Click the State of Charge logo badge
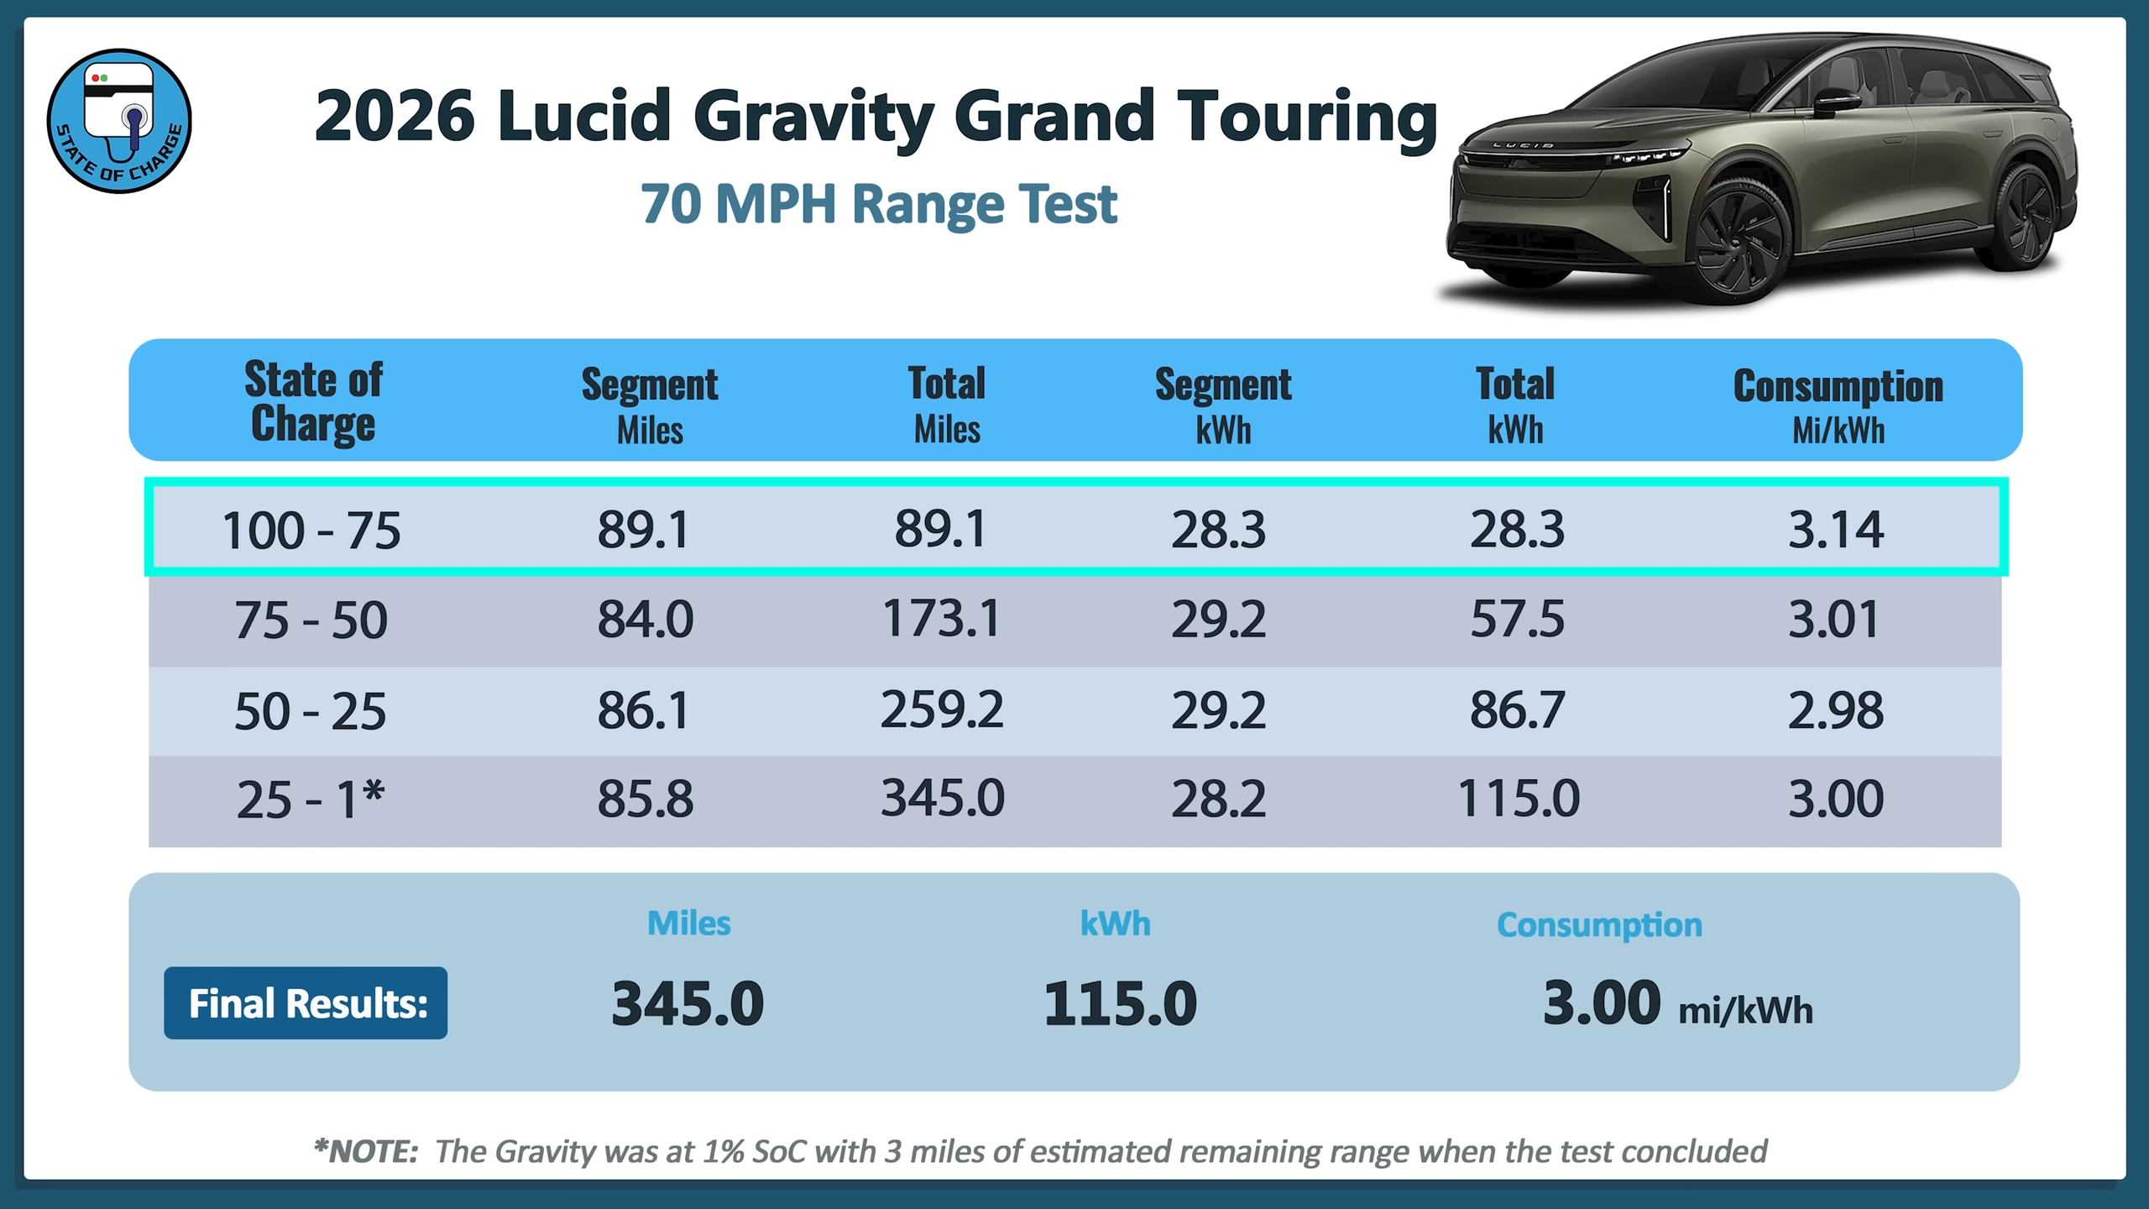tap(119, 121)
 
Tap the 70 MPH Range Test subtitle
tap(878, 204)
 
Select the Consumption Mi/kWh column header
tap(1838, 406)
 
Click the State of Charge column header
tap(313, 401)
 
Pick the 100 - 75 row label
tap(311, 531)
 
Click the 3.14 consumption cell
tap(1835, 530)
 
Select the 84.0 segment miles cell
tap(645, 620)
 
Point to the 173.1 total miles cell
tap(941, 620)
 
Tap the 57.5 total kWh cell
tap(1517, 620)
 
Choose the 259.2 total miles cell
tap(941, 710)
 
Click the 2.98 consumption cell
tap(1835, 710)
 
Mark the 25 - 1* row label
tap(311, 799)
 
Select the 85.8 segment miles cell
tap(645, 798)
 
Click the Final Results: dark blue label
tap(306, 1003)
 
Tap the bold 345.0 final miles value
tap(688, 1004)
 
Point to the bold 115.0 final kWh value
tap(1120, 1004)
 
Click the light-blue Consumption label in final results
tap(1599, 925)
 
